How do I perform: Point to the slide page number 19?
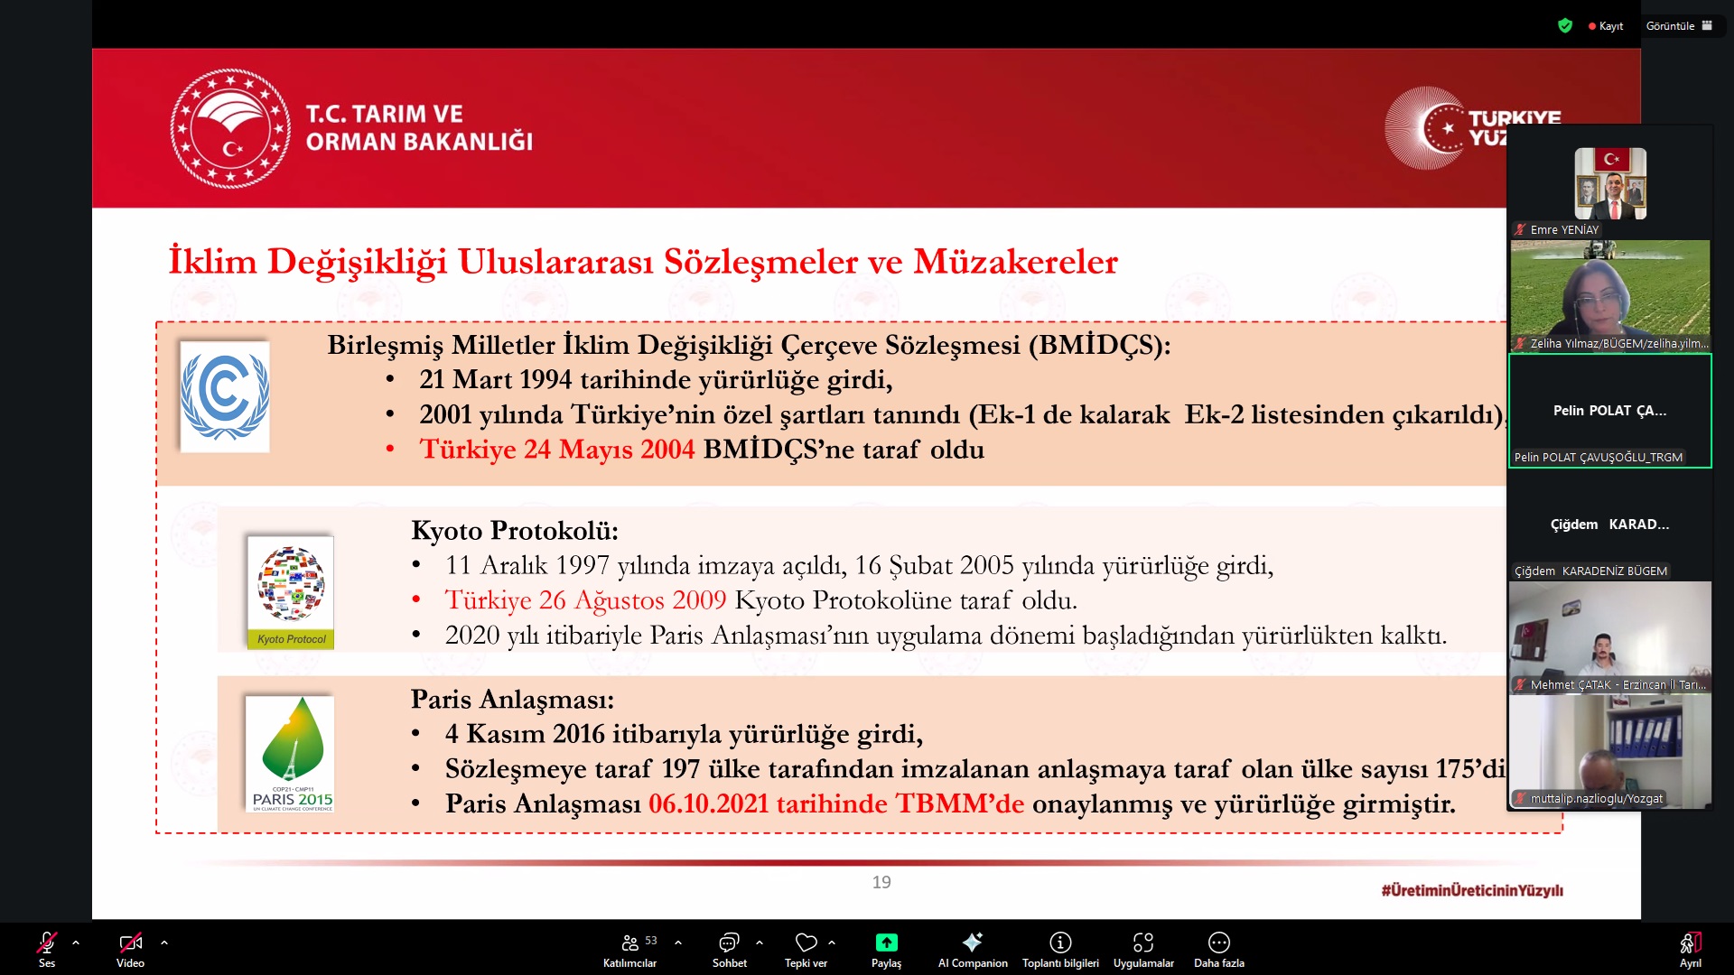(x=881, y=882)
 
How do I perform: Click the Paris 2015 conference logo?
(x=290, y=754)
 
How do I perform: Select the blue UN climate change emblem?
(x=225, y=396)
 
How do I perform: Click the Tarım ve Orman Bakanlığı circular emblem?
(x=230, y=128)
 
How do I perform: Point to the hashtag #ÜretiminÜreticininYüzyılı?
(x=1472, y=890)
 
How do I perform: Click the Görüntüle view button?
(x=1678, y=26)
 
